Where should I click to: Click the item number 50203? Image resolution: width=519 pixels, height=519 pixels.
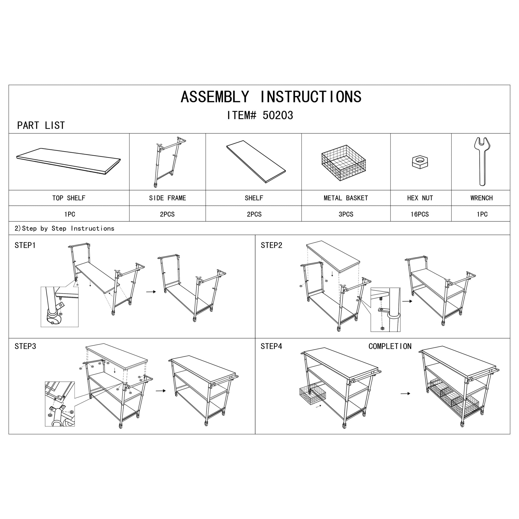[277, 115]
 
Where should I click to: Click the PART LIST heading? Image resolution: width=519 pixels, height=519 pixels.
[41, 126]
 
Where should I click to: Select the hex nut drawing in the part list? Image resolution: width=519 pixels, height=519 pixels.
[420, 162]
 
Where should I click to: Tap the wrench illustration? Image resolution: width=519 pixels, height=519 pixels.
[482, 161]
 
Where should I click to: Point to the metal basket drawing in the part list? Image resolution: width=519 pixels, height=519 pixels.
[343, 163]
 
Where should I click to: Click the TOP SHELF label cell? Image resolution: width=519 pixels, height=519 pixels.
[69, 198]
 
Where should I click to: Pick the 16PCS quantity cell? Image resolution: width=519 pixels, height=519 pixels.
[420, 214]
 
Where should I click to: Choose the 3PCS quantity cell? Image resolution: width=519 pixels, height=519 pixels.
[346, 214]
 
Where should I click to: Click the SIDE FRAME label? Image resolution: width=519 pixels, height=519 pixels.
[167, 198]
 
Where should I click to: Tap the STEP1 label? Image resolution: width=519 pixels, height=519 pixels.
[25, 245]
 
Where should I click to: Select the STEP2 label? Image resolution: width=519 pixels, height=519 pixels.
[271, 245]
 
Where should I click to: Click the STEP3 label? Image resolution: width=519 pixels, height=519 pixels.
[25, 346]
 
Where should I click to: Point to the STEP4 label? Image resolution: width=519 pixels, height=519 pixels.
[271, 346]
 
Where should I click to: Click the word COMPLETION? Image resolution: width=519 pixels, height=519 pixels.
[390, 346]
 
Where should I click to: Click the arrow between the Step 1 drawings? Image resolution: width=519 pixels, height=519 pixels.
[151, 292]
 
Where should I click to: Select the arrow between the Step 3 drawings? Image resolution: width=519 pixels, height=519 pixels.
[161, 391]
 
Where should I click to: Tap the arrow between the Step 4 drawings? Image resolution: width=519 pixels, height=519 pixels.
[405, 393]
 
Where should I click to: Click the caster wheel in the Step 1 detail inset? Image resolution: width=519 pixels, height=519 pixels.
[53, 319]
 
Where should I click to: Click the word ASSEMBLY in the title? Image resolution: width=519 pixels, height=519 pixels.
[215, 97]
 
